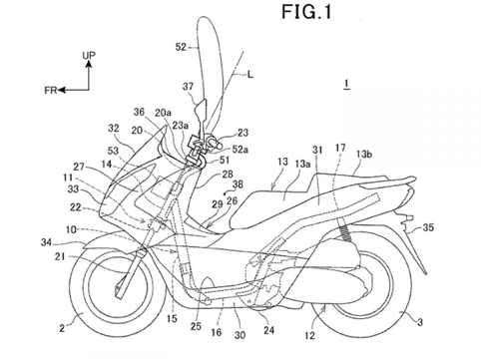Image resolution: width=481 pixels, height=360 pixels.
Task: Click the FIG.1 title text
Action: (x=306, y=12)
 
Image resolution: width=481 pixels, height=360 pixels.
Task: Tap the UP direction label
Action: (x=89, y=55)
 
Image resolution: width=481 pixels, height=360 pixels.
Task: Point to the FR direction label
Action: (x=51, y=90)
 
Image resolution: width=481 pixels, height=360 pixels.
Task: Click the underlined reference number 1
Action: (x=347, y=84)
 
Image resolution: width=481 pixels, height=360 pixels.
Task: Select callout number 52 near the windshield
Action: (x=181, y=48)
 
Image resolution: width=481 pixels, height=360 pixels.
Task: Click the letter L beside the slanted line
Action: (x=250, y=75)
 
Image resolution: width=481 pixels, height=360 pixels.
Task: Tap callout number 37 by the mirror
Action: (x=188, y=87)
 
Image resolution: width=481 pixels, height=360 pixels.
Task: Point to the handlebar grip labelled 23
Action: (x=215, y=142)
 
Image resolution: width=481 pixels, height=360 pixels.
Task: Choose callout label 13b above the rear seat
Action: (x=363, y=155)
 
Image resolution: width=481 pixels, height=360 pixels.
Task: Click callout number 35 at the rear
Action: (x=428, y=227)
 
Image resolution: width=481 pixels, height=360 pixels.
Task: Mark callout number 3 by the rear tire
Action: (x=420, y=322)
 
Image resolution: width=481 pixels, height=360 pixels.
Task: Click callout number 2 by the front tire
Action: (x=62, y=328)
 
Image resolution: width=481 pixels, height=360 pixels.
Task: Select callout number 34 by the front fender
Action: (x=46, y=242)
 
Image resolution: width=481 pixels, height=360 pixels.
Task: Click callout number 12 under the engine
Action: (x=309, y=335)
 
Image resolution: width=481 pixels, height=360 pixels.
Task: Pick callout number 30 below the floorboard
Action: (x=240, y=335)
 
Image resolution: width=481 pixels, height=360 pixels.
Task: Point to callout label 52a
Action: (x=240, y=150)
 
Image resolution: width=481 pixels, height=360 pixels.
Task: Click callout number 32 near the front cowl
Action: (x=114, y=129)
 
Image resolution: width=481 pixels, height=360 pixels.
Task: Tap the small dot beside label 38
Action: (x=225, y=192)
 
